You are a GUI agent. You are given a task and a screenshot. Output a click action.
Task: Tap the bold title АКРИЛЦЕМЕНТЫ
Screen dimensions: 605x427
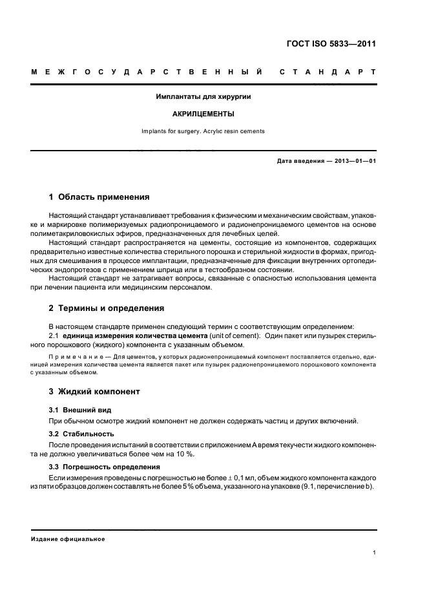[x=203, y=114]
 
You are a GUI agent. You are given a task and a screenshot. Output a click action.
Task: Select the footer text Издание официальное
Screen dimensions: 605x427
[x=68, y=539]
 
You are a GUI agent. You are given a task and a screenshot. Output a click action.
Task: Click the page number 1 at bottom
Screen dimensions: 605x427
[x=375, y=553]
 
